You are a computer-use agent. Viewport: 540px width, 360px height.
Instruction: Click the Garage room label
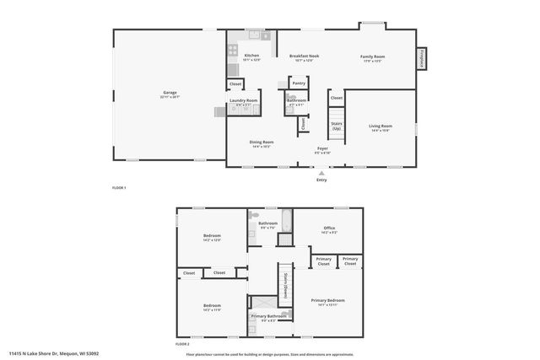point(169,93)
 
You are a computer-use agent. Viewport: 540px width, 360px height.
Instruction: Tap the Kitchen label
point(240,56)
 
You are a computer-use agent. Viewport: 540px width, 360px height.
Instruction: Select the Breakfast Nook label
point(304,56)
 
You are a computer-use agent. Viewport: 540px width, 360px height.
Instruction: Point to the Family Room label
point(372,56)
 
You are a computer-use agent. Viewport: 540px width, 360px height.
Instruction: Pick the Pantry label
point(298,83)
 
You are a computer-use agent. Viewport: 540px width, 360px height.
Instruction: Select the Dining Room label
point(261,142)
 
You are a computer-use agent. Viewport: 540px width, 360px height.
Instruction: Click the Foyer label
point(322,148)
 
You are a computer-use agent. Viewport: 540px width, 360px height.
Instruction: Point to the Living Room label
point(381,126)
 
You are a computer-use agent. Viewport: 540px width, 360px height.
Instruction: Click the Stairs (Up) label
point(336,126)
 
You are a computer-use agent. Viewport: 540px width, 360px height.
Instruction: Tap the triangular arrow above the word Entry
point(321,171)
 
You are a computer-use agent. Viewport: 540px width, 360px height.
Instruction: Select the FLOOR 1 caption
point(119,187)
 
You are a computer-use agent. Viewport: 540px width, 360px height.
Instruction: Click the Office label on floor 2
point(328,228)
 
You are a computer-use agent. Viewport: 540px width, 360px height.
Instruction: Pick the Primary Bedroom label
point(328,300)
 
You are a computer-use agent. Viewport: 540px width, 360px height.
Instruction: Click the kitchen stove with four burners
point(232,48)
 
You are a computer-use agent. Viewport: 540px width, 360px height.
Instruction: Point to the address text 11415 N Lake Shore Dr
point(54,353)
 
